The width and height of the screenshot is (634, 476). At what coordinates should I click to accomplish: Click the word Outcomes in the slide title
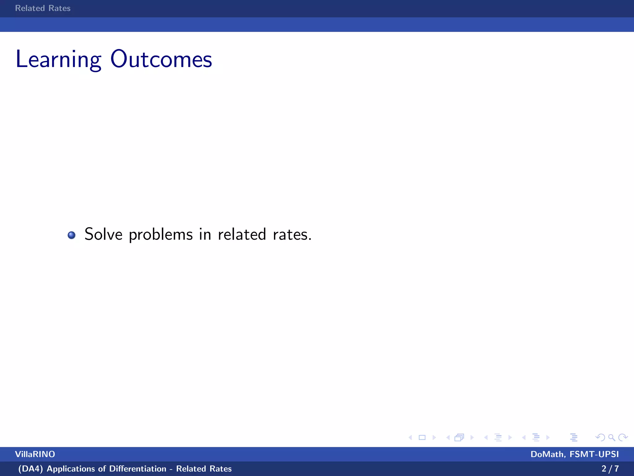(x=161, y=59)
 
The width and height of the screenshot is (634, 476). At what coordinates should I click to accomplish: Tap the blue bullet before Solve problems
(x=72, y=235)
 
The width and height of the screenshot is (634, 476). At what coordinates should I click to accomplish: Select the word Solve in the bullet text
(x=103, y=234)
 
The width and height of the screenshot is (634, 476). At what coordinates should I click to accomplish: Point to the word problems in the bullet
(x=161, y=235)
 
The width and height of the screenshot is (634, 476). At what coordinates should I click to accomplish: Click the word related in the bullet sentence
(x=242, y=234)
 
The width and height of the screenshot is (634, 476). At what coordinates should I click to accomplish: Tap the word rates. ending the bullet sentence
(x=292, y=235)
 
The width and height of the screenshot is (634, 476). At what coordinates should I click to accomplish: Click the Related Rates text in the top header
(x=43, y=8)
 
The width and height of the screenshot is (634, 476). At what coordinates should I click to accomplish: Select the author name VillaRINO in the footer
(x=35, y=454)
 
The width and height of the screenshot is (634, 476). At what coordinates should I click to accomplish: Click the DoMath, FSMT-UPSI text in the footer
(x=575, y=454)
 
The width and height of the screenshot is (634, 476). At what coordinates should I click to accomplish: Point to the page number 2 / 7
(x=610, y=469)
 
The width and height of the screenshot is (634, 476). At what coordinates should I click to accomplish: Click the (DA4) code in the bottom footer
(x=30, y=469)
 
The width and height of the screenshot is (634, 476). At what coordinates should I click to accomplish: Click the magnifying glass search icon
(x=611, y=438)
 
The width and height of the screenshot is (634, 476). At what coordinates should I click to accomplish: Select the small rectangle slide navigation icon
(x=422, y=438)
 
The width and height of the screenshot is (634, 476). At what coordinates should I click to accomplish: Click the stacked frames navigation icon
(x=459, y=438)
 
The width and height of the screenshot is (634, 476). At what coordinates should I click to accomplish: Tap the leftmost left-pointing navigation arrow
(x=410, y=438)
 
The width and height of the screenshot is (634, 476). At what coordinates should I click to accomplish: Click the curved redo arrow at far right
(x=623, y=438)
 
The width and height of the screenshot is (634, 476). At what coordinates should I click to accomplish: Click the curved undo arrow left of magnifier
(x=600, y=438)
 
